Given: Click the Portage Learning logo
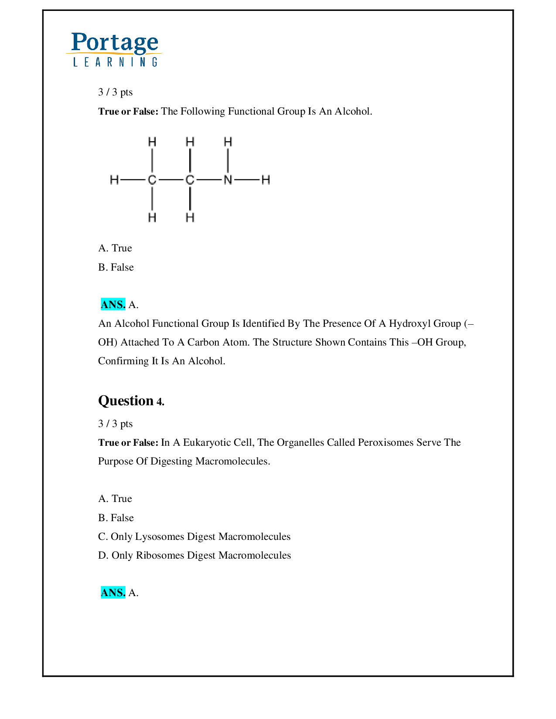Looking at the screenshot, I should click(115, 49).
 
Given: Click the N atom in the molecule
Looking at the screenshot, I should click(228, 180).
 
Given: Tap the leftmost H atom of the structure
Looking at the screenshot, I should click(114, 180).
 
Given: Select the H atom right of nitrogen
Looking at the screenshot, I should click(266, 180).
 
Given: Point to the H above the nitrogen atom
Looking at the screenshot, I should click(228, 142).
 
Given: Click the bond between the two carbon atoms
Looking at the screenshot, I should click(171, 180).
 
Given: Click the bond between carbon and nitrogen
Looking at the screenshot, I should click(208, 180).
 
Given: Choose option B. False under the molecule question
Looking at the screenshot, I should click(116, 267).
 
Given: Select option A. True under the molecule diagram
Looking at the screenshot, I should click(115, 248).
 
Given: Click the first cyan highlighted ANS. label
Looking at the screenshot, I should click(113, 304).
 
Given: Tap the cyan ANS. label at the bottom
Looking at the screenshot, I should click(113, 593).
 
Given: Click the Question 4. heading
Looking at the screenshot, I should click(131, 401).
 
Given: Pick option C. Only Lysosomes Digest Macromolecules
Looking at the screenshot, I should click(194, 536).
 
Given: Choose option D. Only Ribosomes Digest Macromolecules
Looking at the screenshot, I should click(194, 555).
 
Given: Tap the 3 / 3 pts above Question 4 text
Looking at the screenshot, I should click(116, 424).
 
